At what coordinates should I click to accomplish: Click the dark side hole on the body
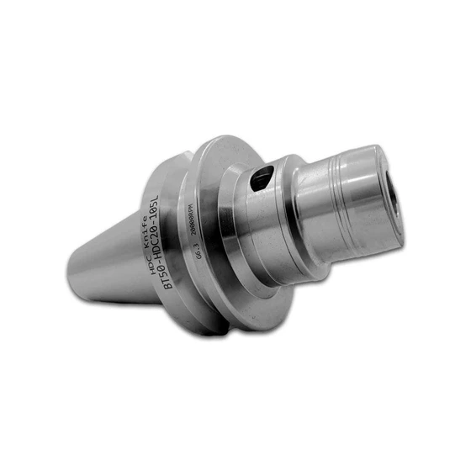(x=263, y=177)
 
